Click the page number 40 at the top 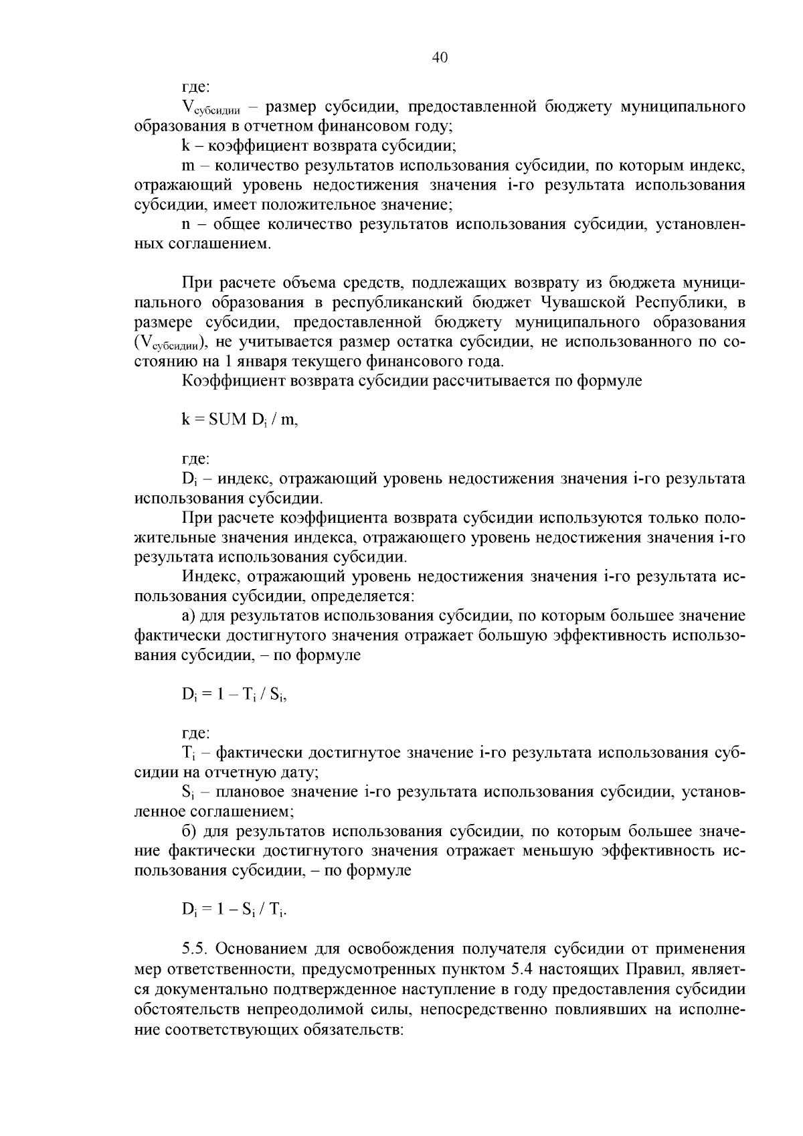pos(440,58)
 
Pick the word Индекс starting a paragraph pos(208,576)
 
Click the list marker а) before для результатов pos(188,616)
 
